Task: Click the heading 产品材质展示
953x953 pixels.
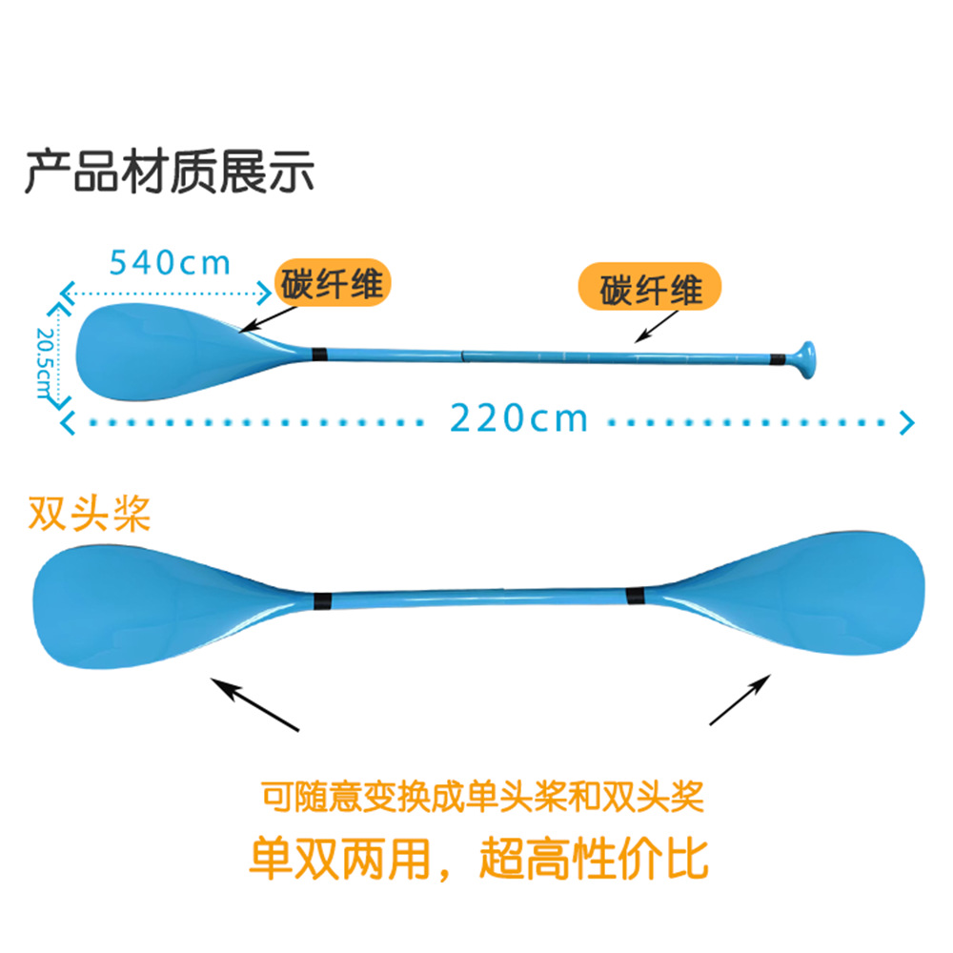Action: (x=169, y=173)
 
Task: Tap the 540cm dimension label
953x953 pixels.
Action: (x=170, y=261)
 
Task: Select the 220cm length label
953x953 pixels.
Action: (x=518, y=417)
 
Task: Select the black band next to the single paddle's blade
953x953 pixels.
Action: (x=320, y=353)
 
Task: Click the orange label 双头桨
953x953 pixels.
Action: (x=90, y=516)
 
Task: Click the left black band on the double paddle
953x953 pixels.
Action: (x=322, y=601)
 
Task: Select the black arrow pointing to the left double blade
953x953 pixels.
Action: (x=254, y=703)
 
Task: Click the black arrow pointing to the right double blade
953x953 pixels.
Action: (x=740, y=700)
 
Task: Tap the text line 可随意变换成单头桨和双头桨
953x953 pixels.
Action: (x=482, y=797)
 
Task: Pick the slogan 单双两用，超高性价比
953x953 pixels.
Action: (x=478, y=859)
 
